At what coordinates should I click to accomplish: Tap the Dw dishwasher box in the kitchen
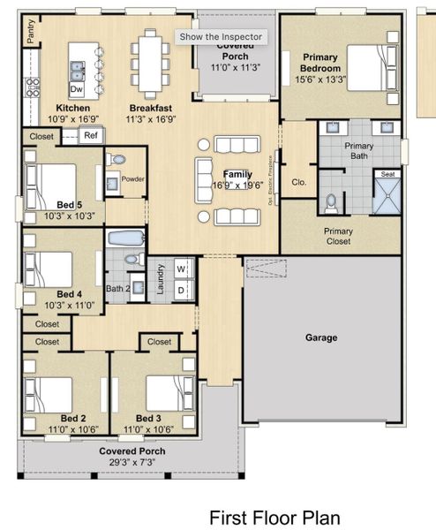click(x=77, y=89)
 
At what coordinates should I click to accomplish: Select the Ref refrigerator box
click(x=90, y=135)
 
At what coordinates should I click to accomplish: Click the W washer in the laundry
click(x=181, y=269)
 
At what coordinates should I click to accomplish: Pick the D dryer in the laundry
click(x=181, y=289)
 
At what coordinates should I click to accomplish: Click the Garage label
click(x=321, y=337)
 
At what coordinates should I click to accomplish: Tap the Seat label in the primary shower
click(x=387, y=175)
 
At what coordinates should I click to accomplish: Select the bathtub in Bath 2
click(x=124, y=238)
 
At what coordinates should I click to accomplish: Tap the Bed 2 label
click(x=72, y=417)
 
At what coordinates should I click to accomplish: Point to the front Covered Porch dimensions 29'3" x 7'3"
click(x=132, y=461)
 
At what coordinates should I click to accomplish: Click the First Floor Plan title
click(x=274, y=517)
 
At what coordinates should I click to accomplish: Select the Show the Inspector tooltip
click(x=221, y=36)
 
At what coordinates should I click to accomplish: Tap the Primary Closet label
click(x=337, y=236)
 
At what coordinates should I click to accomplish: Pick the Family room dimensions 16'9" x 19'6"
click(x=239, y=185)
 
